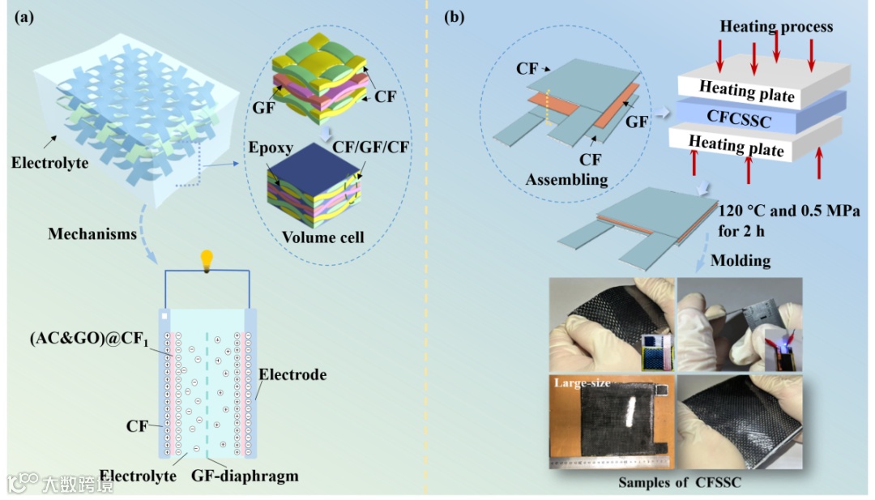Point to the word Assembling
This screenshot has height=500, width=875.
(x=566, y=179)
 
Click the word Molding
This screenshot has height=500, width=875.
(x=739, y=260)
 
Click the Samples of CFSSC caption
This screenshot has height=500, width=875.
(x=680, y=483)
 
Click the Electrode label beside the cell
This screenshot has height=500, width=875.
(x=292, y=374)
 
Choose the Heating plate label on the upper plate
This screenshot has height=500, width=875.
(x=747, y=91)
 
